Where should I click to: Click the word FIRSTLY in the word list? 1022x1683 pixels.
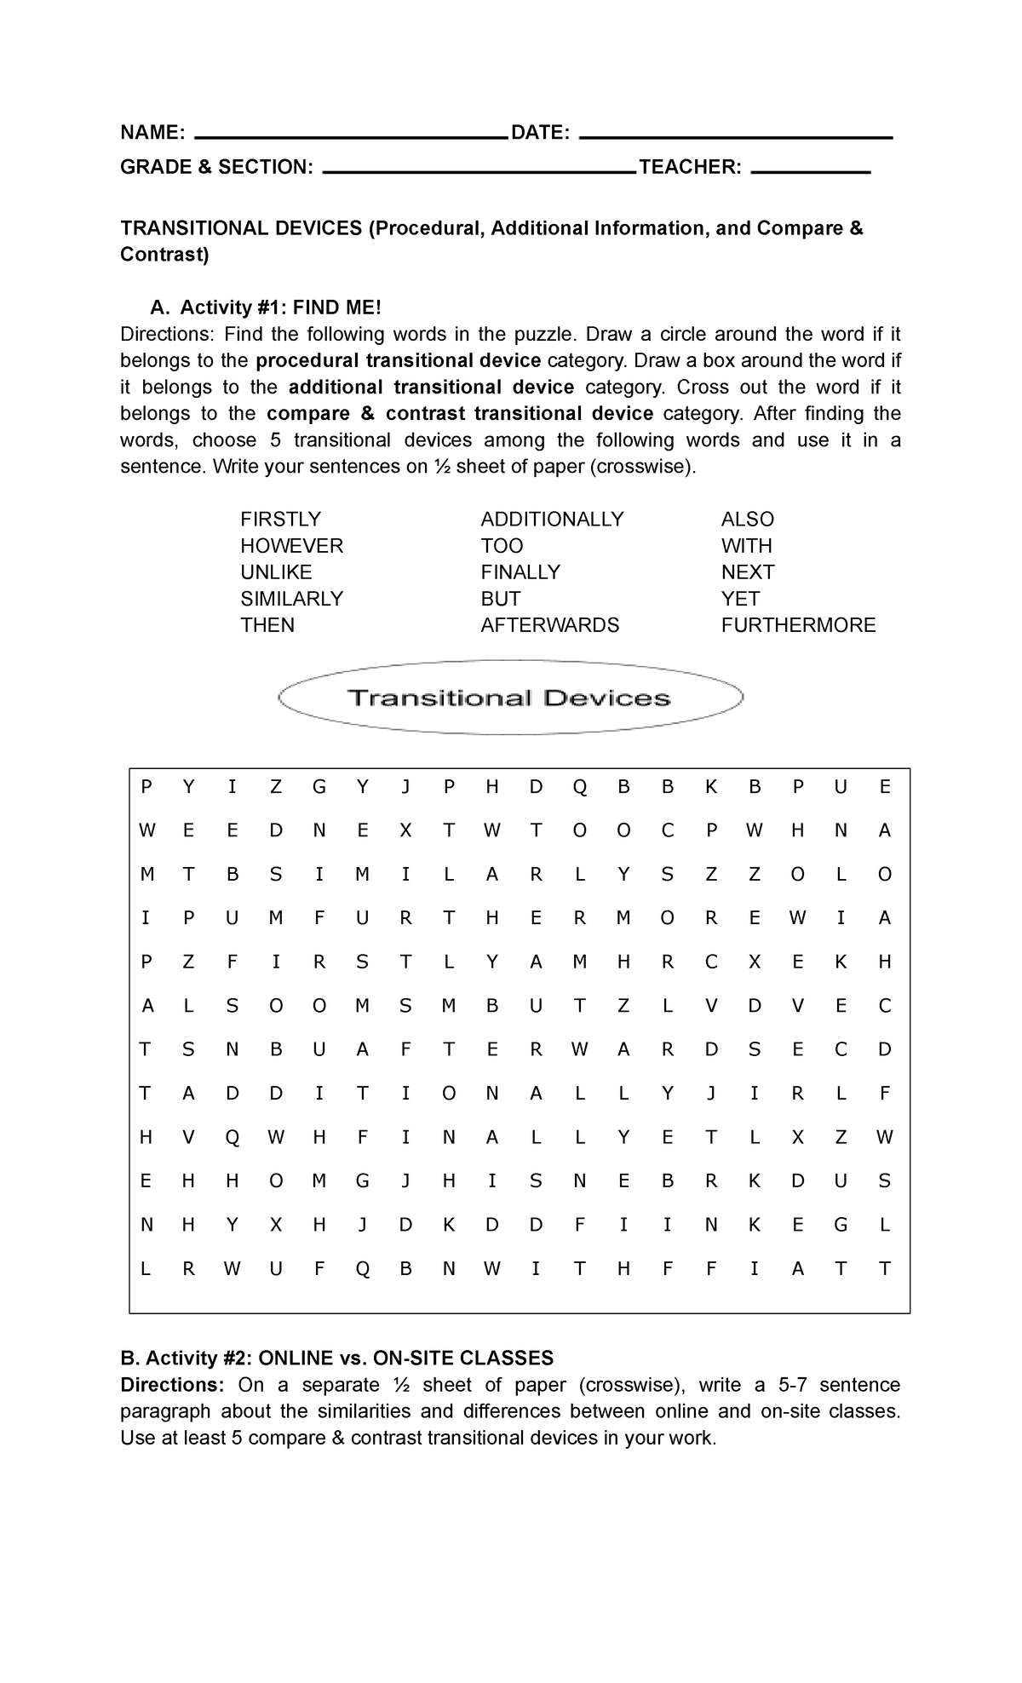coord(280,520)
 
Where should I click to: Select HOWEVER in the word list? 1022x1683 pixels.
coord(291,546)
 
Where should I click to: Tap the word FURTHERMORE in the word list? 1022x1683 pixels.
coord(798,625)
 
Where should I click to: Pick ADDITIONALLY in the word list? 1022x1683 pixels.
coord(552,520)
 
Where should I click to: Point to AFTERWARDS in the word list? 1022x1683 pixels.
coord(549,625)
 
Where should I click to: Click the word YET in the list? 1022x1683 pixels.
coord(740,599)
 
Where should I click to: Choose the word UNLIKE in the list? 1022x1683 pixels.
coord(276,572)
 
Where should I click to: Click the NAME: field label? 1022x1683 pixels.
coord(152,133)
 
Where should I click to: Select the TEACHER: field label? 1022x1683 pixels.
coord(690,167)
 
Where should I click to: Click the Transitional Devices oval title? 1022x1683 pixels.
coord(509,698)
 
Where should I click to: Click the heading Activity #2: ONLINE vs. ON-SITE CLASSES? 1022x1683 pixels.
coord(337,1358)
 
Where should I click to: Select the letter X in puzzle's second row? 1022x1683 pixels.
coord(405,831)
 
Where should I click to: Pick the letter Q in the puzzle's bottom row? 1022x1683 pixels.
coord(362,1270)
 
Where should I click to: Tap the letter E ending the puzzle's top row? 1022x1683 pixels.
coord(884,788)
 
